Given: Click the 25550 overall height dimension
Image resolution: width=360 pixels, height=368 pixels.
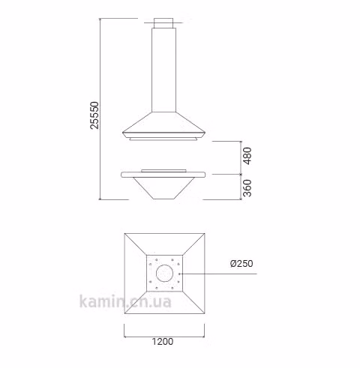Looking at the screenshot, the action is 94,115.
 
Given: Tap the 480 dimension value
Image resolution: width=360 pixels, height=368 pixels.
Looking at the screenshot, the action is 247,156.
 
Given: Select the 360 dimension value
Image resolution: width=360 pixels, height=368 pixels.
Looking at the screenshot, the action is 247,188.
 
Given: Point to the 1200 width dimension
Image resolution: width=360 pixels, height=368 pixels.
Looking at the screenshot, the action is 163,342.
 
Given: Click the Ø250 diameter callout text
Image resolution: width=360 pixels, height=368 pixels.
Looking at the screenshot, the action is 241,263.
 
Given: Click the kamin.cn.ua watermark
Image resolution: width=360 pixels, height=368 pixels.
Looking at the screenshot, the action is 125,301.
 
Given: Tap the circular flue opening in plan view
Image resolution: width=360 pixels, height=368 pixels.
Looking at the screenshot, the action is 164,273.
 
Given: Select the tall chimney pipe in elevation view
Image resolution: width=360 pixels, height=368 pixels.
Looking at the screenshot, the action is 163,70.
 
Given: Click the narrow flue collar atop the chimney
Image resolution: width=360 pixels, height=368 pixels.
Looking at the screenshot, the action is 163,23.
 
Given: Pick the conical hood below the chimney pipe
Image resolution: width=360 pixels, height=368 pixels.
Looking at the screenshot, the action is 163,124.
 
